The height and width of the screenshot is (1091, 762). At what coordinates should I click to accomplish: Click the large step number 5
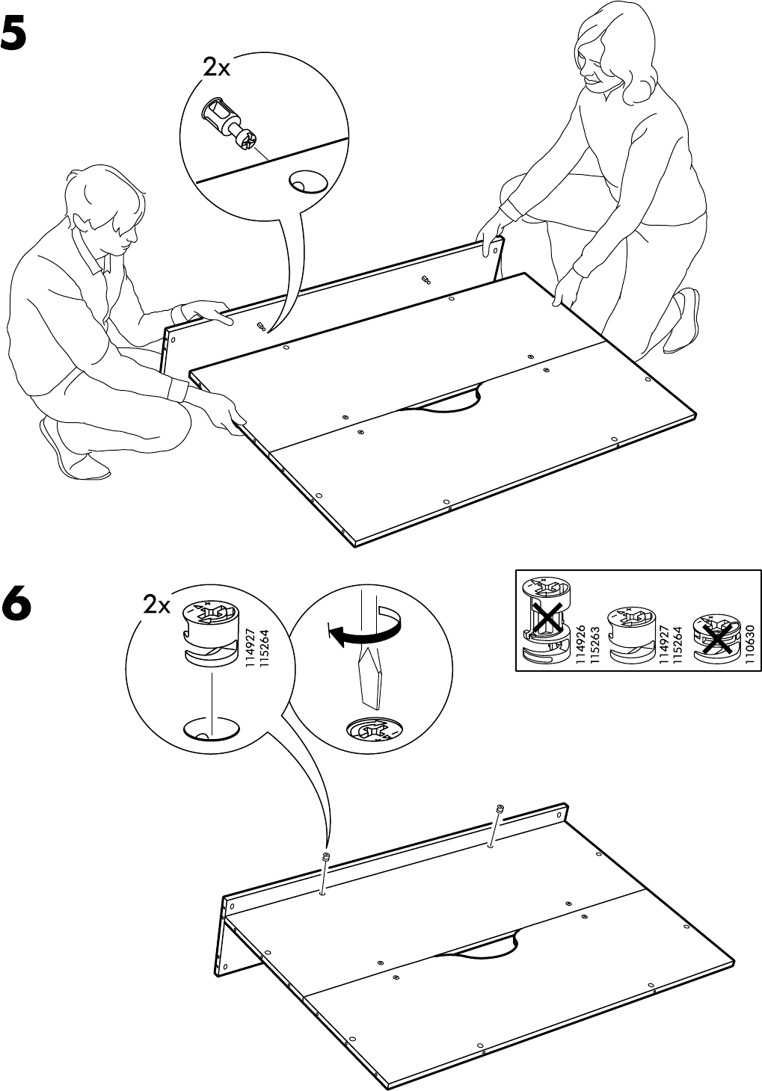click(24, 34)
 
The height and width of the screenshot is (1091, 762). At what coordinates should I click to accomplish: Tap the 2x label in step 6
click(157, 605)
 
